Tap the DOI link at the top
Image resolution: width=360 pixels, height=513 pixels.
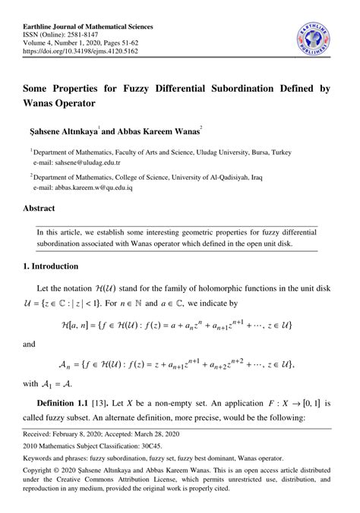click(x=76, y=52)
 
